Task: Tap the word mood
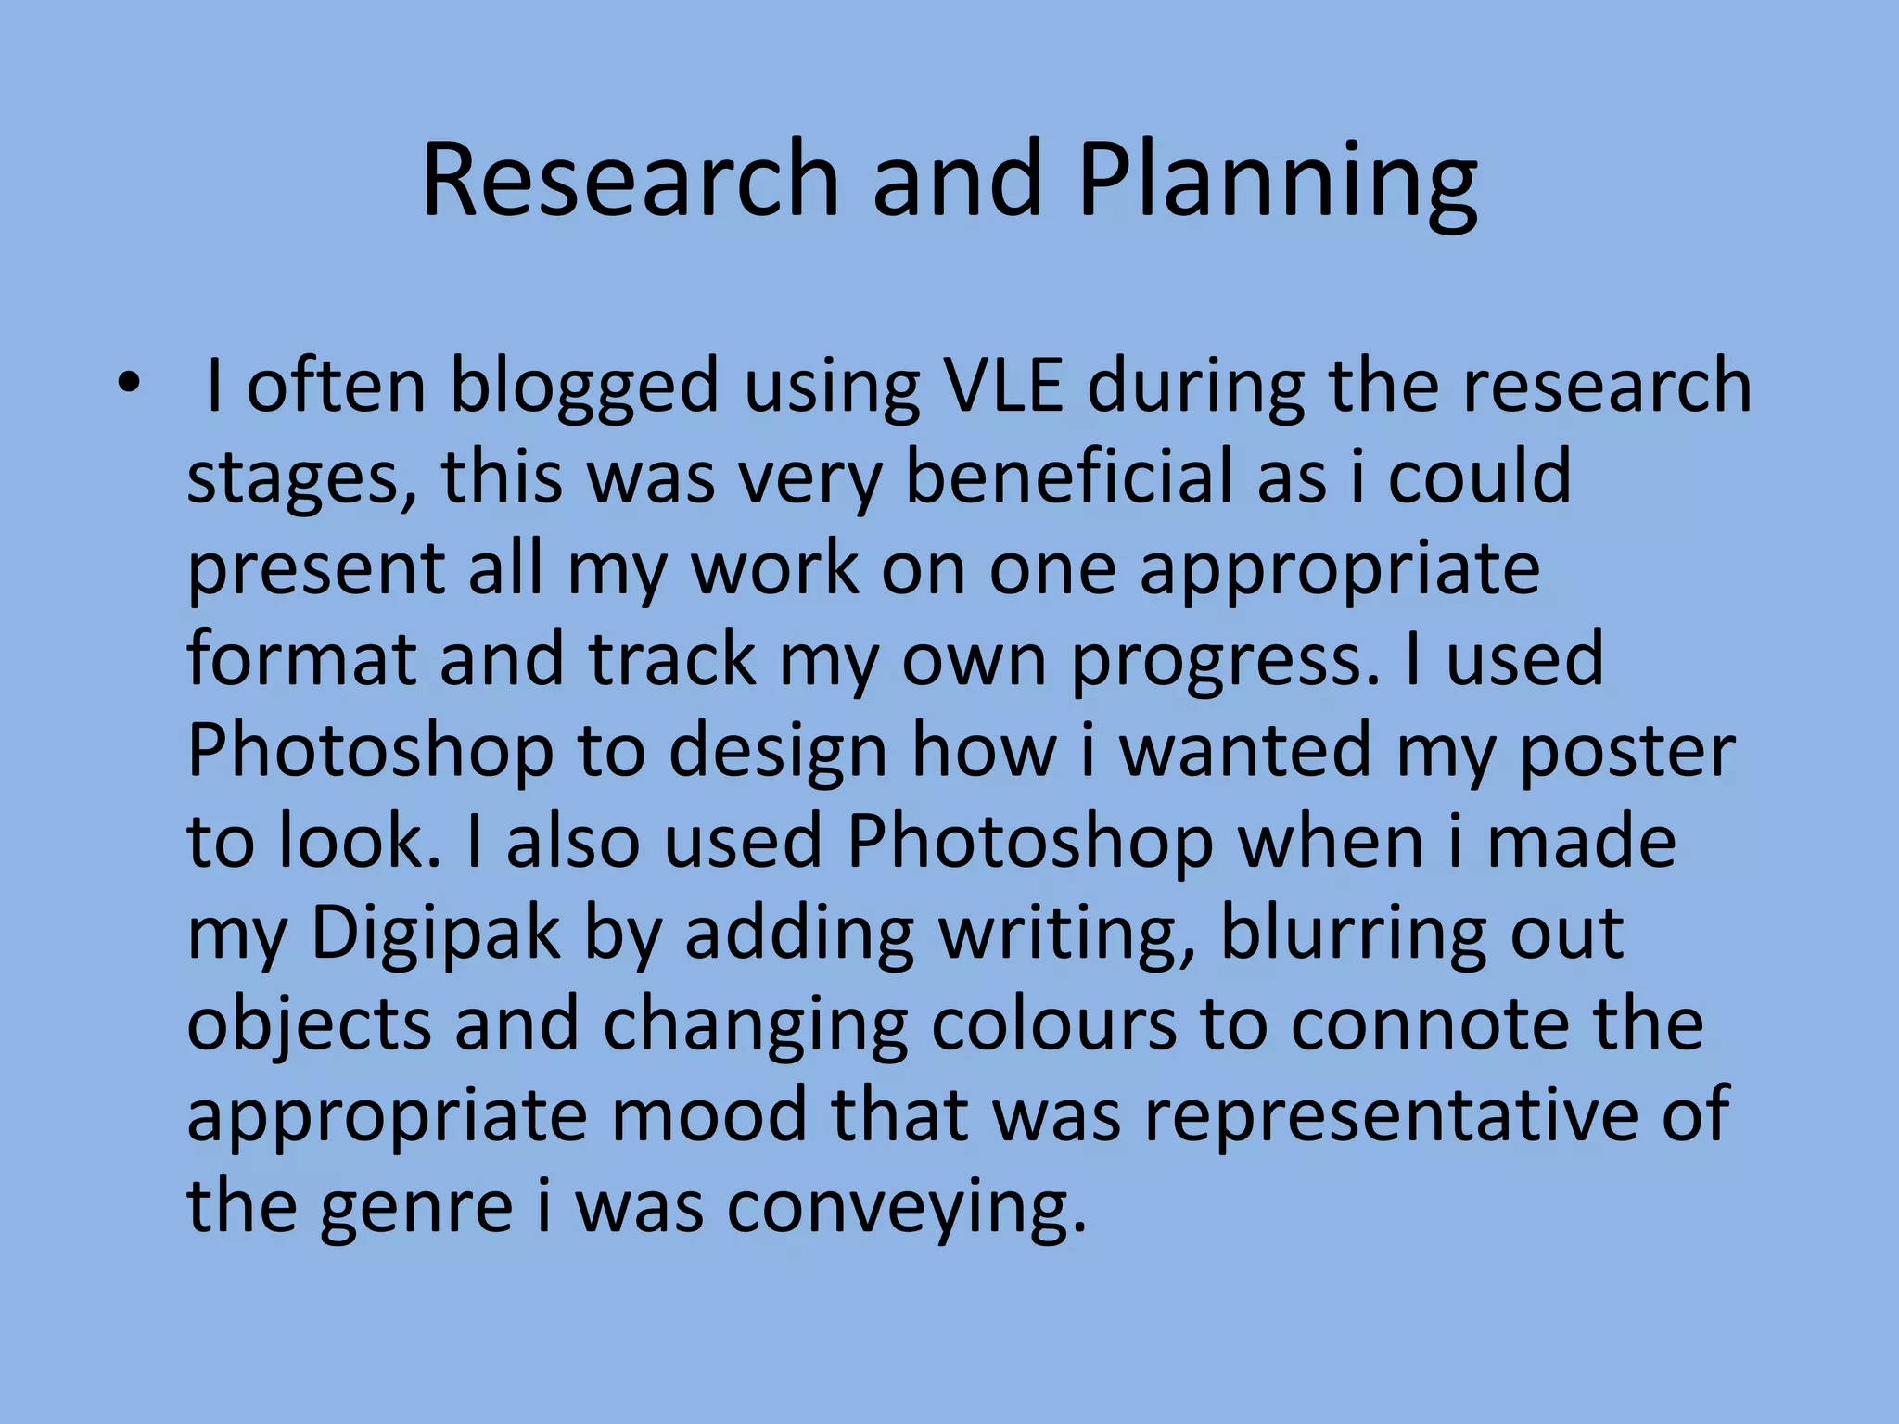click(x=708, y=1113)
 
